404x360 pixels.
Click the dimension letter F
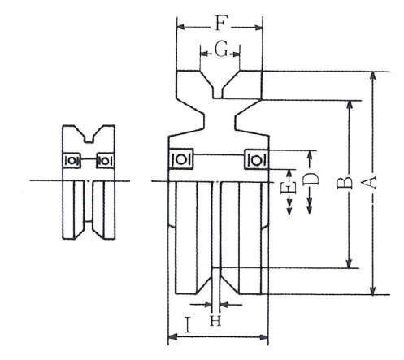click(x=220, y=23)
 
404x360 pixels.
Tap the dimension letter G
click(x=221, y=50)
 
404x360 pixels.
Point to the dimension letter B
click(x=345, y=183)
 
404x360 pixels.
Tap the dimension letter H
click(x=215, y=321)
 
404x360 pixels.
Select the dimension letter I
click(x=187, y=325)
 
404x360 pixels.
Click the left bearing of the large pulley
click(x=180, y=158)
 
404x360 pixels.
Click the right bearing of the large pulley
click(x=257, y=160)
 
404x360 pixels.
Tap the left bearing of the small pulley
click(x=72, y=160)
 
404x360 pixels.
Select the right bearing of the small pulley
click(x=106, y=161)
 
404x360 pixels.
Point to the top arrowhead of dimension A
click(x=373, y=76)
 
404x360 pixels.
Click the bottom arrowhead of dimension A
click(x=373, y=290)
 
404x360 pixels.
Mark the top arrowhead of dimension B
click(x=350, y=105)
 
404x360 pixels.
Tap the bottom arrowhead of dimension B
click(x=350, y=263)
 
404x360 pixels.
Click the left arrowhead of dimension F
click(x=181, y=27)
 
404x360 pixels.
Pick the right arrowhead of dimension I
click(x=263, y=337)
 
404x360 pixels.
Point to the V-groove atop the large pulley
click(x=219, y=85)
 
